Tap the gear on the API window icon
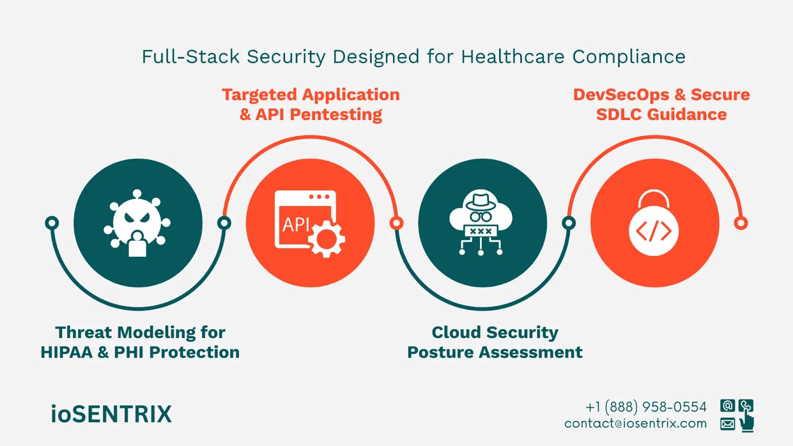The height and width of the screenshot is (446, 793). click(x=327, y=239)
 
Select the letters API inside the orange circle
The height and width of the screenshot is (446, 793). click(x=296, y=224)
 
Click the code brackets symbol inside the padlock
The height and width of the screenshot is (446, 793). click(x=654, y=231)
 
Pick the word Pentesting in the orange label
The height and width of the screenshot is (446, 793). click(x=336, y=114)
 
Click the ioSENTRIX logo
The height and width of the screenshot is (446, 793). click(x=111, y=414)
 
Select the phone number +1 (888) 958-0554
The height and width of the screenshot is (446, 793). click(x=646, y=407)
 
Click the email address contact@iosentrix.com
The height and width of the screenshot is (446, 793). click(x=635, y=423)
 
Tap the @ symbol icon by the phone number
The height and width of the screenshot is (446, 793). click(x=727, y=406)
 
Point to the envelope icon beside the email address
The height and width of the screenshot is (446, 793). click(x=727, y=424)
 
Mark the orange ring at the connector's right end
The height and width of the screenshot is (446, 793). click(x=740, y=223)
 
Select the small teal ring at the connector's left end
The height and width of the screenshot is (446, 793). click(x=52, y=223)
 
